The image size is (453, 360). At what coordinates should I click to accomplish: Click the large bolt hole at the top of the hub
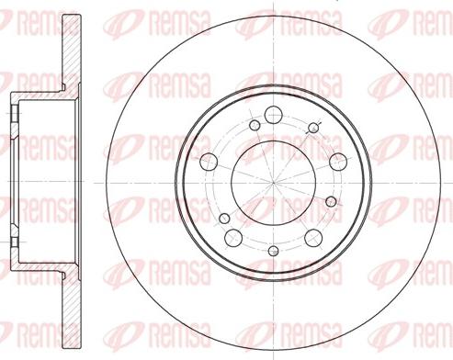tap(273, 115)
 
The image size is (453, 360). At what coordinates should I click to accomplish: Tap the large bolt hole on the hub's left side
tap(209, 162)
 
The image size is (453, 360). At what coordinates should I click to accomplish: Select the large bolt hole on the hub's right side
tap(338, 162)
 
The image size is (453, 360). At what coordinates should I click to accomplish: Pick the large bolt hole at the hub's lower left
tap(233, 237)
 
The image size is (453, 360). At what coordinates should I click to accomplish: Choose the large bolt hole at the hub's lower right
tap(313, 238)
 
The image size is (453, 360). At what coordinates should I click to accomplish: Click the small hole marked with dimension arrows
tap(312, 128)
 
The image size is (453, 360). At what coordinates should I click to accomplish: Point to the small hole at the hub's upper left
tap(255, 125)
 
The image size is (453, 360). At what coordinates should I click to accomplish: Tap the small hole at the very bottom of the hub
tap(273, 251)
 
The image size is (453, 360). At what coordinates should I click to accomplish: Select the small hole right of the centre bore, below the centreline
tap(331, 201)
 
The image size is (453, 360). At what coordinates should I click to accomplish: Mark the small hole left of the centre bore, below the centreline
tap(224, 218)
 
